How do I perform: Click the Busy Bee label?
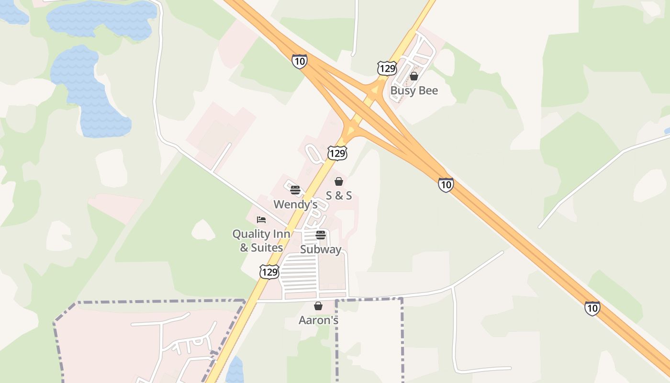414,90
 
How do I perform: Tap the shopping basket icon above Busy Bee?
414,76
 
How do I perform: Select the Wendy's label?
295,204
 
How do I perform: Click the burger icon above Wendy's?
295,190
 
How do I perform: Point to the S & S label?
339,195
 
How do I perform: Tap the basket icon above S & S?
339,181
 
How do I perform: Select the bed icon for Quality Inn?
261,220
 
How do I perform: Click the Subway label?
321,249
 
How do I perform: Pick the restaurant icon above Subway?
321,235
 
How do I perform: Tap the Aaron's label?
318,320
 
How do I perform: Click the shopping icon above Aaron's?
318,306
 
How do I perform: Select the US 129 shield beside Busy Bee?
387,68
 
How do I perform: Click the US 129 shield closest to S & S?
337,153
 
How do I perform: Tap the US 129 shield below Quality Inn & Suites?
269,272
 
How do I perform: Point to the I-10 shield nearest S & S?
446,184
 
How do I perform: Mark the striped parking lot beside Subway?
299,275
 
